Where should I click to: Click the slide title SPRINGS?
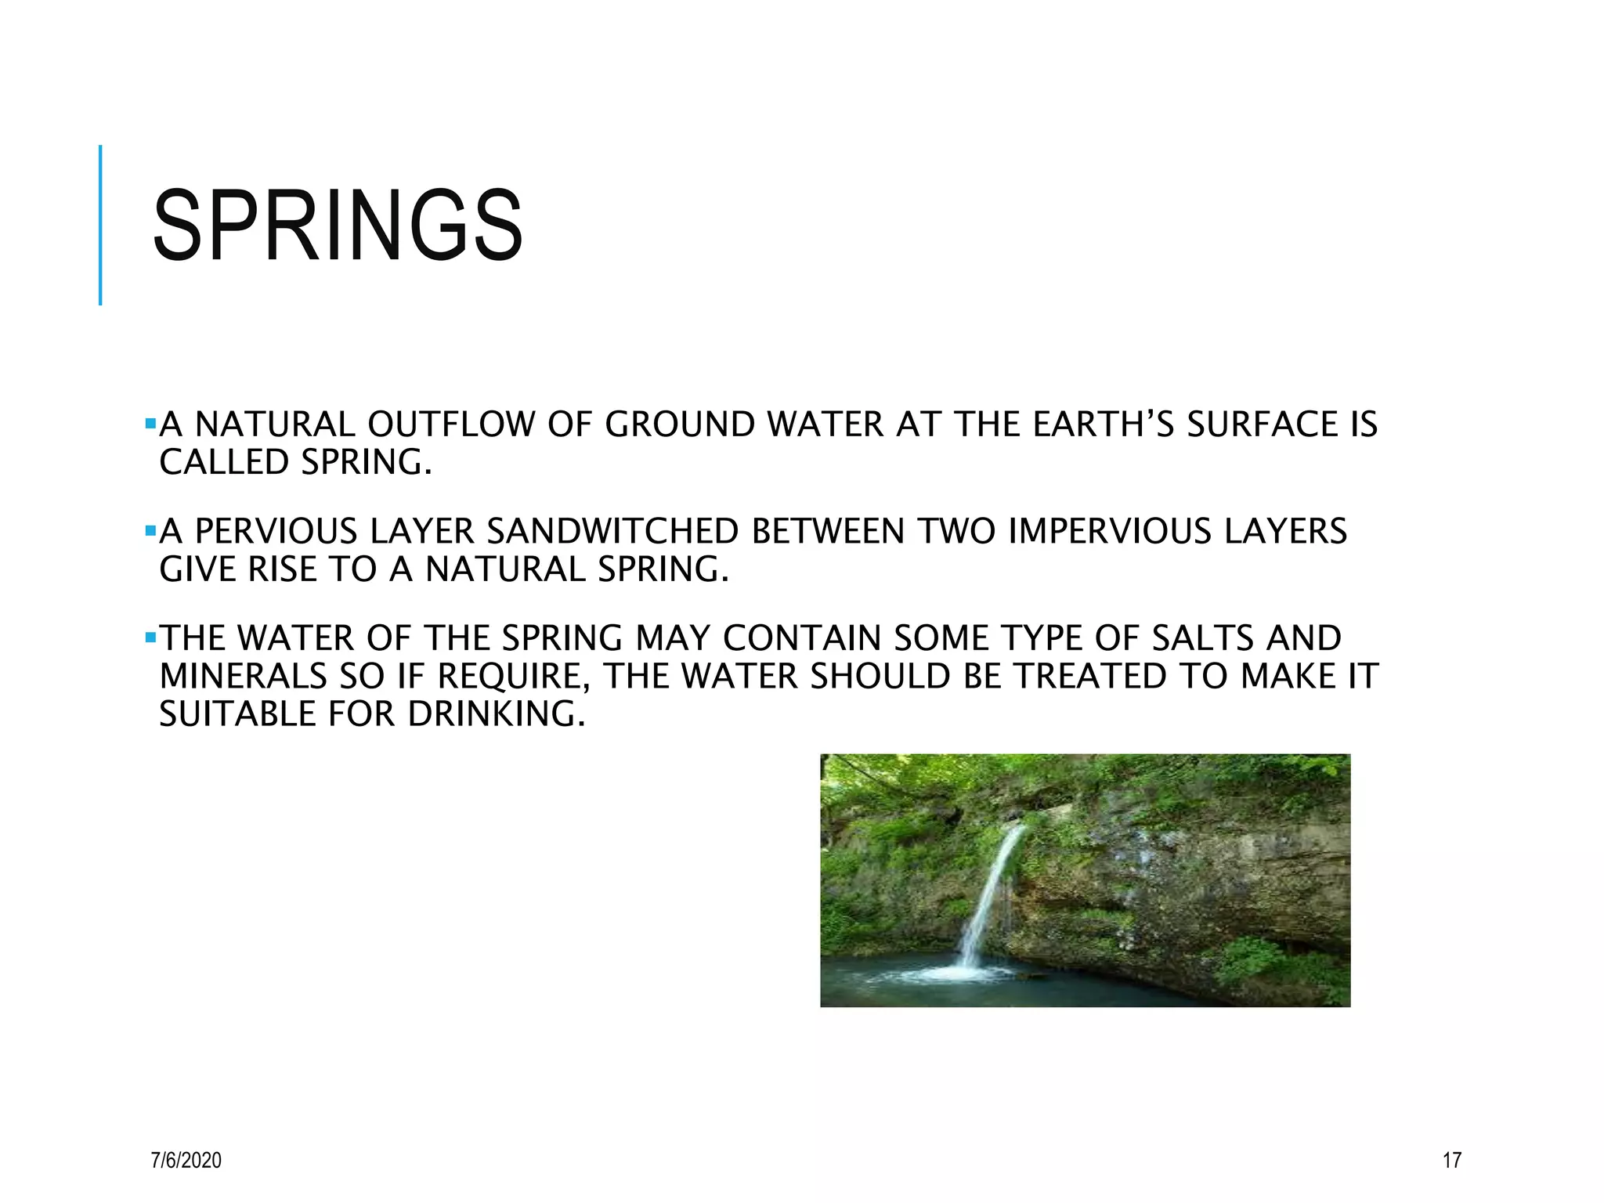(x=338, y=226)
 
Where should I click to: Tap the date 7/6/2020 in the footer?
(x=186, y=1160)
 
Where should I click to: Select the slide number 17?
(x=1451, y=1160)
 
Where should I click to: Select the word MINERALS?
(x=243, y=677)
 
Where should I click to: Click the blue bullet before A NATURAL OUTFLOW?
(x=150, y=424)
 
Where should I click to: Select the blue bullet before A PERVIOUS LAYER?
(x=150, y=532)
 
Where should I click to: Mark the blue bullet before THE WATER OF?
(x=150, y=638)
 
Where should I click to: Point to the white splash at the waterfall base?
(x=959, y=974)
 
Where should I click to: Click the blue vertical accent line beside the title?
(x=100, y=225)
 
